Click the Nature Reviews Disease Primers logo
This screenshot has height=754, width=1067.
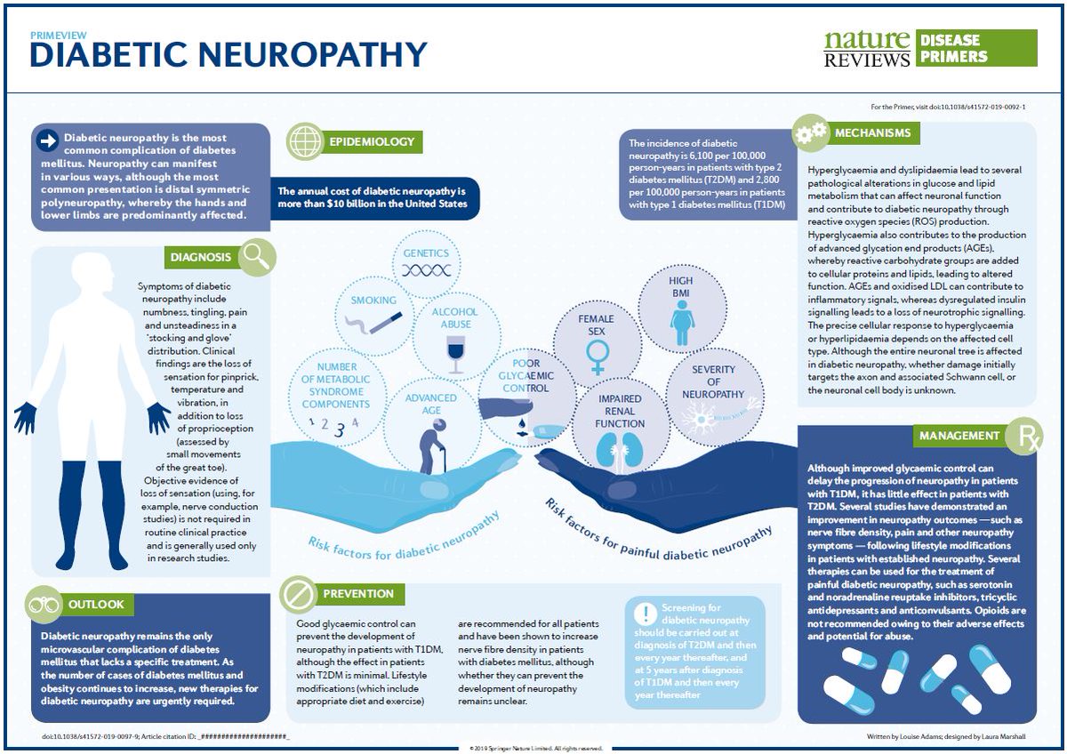point(930,48)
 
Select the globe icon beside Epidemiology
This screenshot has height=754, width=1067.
point(304,141)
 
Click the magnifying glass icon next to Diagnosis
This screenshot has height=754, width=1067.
point(257,257)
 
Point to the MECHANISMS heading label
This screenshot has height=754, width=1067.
point(872,133)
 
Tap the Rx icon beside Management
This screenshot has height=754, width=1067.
point(1023,437)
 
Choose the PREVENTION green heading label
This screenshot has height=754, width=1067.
point(358,593)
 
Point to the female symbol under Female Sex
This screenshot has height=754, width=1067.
point(596,357)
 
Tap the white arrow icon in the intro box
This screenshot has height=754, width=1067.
point(46,140)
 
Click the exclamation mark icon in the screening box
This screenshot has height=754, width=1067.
point(644,613)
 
